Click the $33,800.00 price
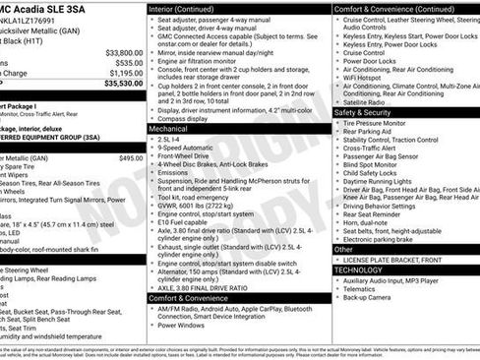[x=123, y=52]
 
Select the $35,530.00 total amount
[x=123, y=84]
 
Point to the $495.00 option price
[x=131, y=157]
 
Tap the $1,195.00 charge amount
[x=125, y=73]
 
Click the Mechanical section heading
[x=169, y=129]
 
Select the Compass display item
[x=188, y=120]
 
